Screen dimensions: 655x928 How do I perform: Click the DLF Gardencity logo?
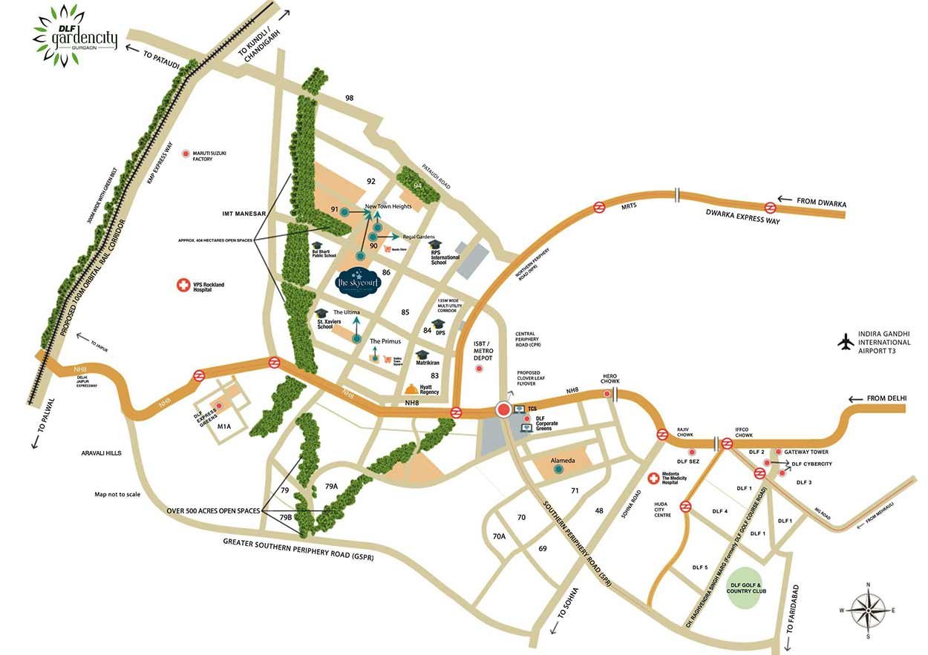[76, 34]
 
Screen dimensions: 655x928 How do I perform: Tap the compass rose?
[868, 609]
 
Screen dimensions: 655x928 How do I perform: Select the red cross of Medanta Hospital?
[654, 479]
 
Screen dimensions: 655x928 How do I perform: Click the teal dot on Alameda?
[559, 469]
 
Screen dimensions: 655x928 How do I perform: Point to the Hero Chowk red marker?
[607, 394]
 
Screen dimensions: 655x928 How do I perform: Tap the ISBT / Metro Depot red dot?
[479, 368]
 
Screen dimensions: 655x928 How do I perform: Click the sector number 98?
[349, 98]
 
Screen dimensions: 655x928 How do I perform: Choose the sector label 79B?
[287, 516]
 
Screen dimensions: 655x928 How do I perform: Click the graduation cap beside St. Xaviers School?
[321, 314]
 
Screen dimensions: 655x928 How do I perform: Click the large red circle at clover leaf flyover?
[504, 409]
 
